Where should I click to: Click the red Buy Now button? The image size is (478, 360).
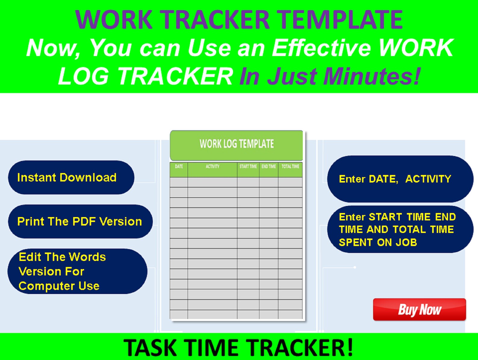[419, 309]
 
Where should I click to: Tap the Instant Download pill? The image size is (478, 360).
[71, 177]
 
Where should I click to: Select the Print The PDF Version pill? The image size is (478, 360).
[80, 222]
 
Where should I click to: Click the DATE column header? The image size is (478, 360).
[179, 167]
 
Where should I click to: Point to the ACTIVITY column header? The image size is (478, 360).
[213, 167]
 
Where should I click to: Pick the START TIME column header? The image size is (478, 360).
[248, 167]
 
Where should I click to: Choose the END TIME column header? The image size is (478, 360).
[268, 167]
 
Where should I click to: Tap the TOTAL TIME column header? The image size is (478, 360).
[290, 167]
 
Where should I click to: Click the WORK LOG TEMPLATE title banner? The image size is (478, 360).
[237, 144]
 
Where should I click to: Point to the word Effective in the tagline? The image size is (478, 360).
[321, 48]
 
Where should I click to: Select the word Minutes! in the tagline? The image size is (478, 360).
[372, 76]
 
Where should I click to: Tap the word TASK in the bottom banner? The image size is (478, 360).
[150, 348]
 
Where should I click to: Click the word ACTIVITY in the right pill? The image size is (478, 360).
[428, 179]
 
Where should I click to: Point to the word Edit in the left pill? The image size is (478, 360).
[30, 257]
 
